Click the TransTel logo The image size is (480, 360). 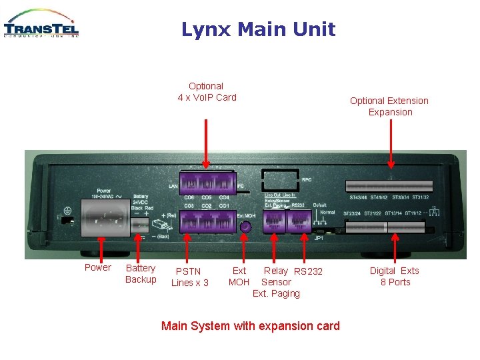coord(41,24)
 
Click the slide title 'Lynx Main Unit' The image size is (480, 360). coord(258,29)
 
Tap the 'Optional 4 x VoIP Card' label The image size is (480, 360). coord(207,92)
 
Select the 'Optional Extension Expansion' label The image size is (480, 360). coord(389,107)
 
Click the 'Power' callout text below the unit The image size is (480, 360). coord(98,268)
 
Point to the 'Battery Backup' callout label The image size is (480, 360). coord(141,273)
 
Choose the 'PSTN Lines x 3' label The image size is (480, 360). coord(189,277)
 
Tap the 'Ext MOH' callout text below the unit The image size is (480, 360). coord(239,277)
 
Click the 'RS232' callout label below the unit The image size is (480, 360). coord(308,271)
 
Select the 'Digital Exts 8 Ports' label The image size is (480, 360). coord(395,276)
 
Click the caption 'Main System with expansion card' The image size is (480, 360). coord(251,326)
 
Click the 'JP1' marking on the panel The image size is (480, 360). coord(319,237)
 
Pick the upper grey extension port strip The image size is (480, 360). coord(389,186)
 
